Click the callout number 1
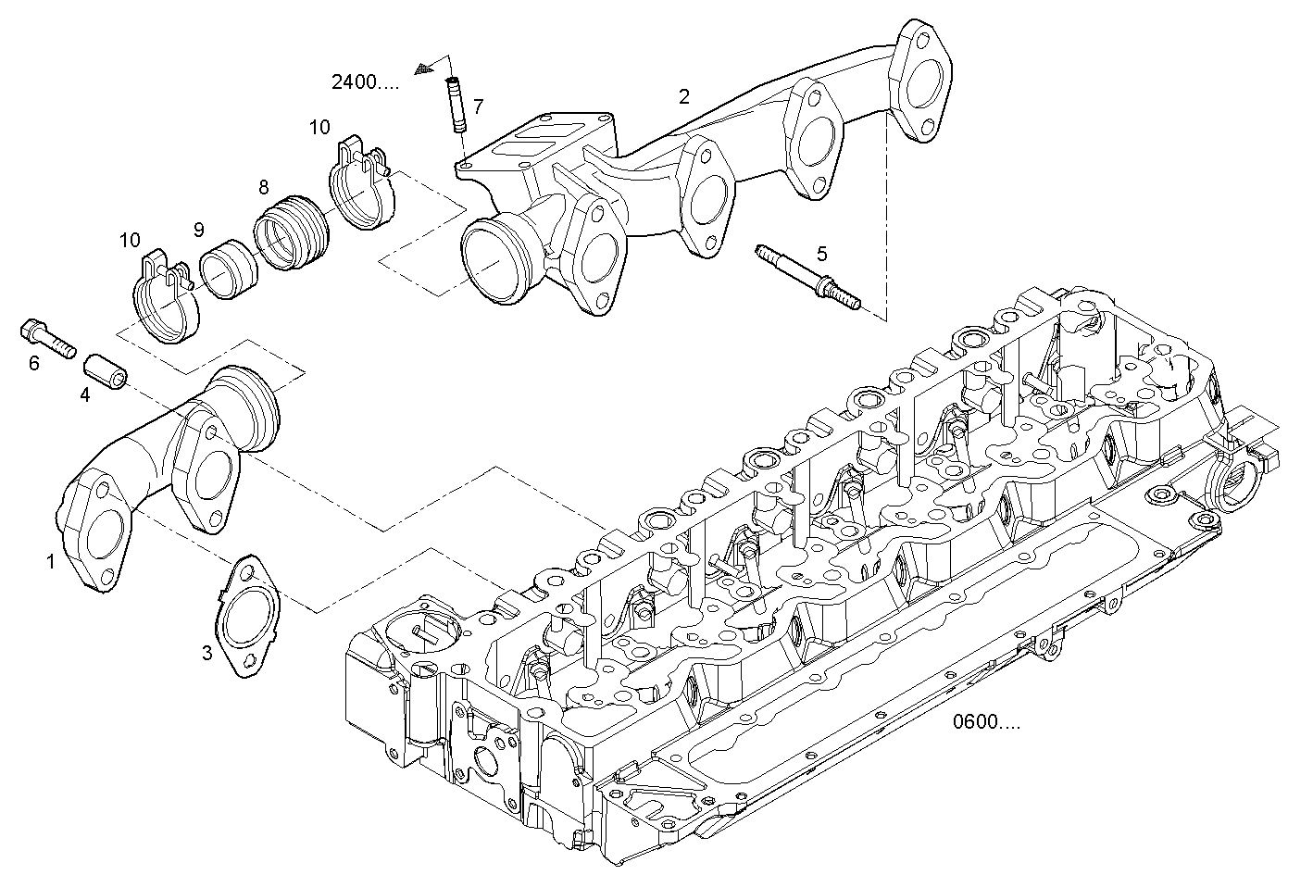point(51,560)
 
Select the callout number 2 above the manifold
point(683,96)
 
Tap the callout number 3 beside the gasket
point(207,653)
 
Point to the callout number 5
point(821,253)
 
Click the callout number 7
point(478,106)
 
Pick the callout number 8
point(264,188)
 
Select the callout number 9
point(199,230)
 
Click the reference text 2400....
point(366,82)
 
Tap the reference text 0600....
point(987,722)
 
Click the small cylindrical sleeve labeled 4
point(106,370)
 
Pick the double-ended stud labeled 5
point(807,276)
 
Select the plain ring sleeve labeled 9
point(228,269)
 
